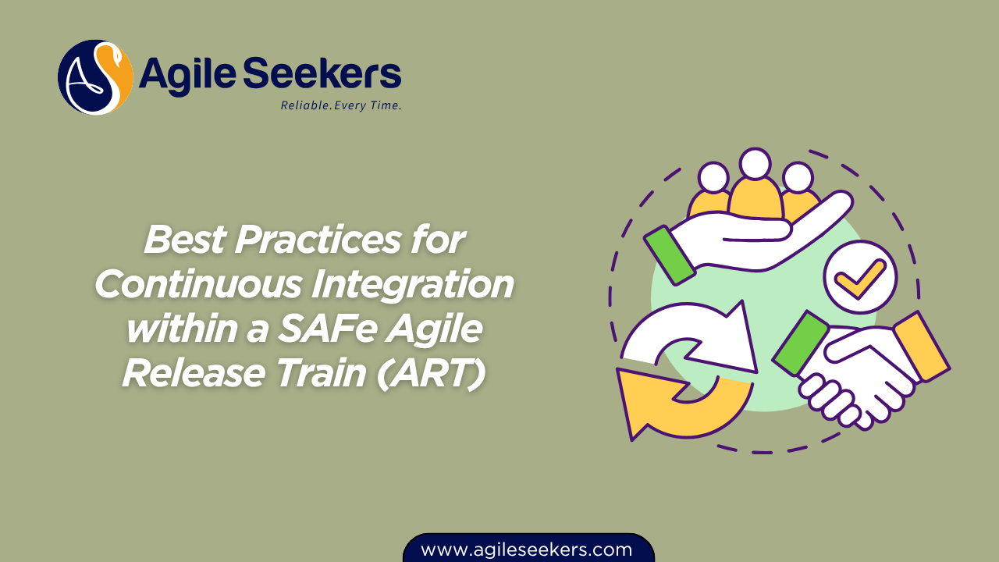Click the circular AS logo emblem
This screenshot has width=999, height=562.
pos(95,77)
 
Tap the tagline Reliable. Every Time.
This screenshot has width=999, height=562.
pos(341,105)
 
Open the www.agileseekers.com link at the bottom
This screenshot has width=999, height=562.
pos(527,550)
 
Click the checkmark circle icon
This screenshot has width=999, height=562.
pos(860,276)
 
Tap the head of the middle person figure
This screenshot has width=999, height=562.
pos(755,163)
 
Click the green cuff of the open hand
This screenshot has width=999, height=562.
pos(669,254)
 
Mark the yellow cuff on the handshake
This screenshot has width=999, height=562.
pos(921,345)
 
